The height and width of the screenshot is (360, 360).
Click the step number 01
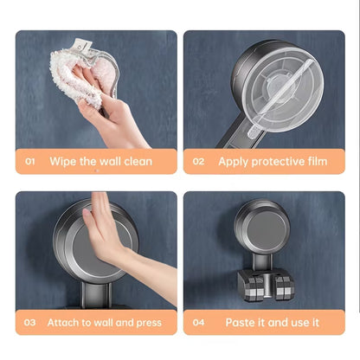[30, 161]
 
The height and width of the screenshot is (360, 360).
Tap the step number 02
[198, 161]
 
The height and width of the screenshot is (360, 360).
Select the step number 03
[30, 322]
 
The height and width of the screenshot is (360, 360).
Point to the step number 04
[198, 322]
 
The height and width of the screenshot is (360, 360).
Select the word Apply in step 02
[235, 161]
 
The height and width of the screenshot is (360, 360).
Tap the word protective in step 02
[281, 161]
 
